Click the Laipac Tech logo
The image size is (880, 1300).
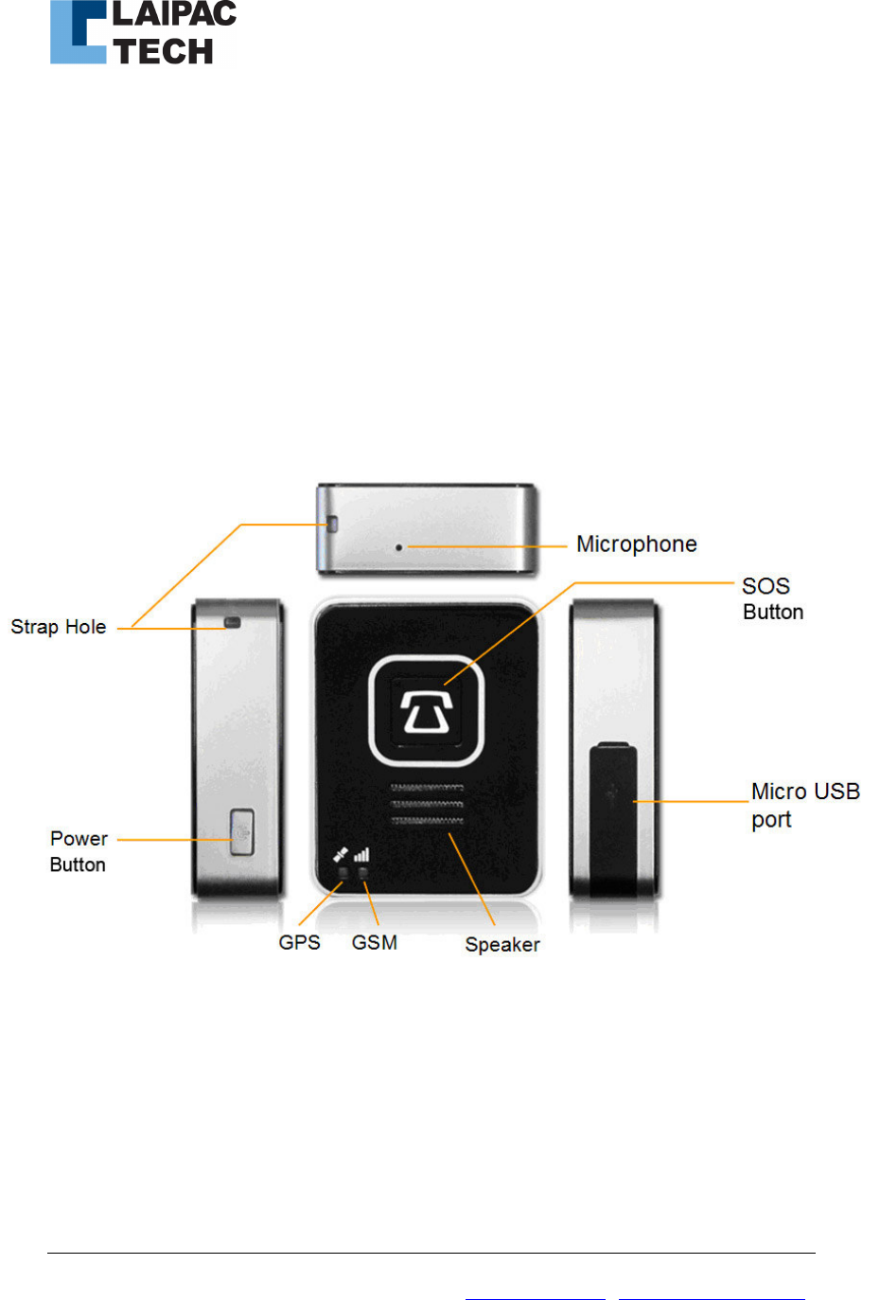click(142, 33)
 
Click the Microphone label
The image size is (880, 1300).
click(636, 544)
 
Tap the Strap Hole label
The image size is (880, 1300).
click(59, 627)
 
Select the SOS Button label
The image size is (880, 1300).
click(772, 598)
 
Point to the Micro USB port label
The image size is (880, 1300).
click(804, 805)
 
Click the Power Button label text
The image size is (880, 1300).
click(79, 851)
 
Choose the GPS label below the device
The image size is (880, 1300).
click(299, 943)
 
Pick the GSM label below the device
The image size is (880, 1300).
click(374, 943)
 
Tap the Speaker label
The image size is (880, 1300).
click(502, 945)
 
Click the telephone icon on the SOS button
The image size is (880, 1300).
click(426, 712)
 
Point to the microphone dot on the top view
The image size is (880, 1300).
click(399, 547)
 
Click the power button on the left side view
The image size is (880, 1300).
click(242, 833)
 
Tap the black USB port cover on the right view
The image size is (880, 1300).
click(613, 819)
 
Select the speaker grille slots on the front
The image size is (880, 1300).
click(427, 803)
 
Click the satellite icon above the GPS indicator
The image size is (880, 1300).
click(341, 854)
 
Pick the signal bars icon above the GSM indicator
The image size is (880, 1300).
click(361, 854)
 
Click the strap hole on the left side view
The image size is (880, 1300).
click(232, 623)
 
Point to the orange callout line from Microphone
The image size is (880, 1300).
click(487, 546)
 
